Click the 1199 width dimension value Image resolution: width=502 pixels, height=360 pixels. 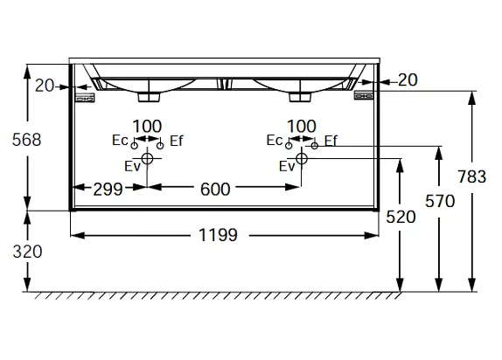[x=218, y=235]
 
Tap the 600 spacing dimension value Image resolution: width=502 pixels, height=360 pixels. [x=215, y=189]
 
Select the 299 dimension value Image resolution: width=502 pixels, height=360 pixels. [x=108, y=189]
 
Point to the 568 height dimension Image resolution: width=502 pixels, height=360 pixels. [x=27, y=140]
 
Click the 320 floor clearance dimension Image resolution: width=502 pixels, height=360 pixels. [x=27, y=252]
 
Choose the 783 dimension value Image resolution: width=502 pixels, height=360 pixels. [x=472, y=177]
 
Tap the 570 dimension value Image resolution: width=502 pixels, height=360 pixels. [x=440, y=201]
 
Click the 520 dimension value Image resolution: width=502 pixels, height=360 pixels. [x=401, y=217]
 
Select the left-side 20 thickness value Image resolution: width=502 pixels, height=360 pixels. [x=45, y=86]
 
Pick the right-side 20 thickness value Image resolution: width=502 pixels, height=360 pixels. [x=408, y=80]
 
